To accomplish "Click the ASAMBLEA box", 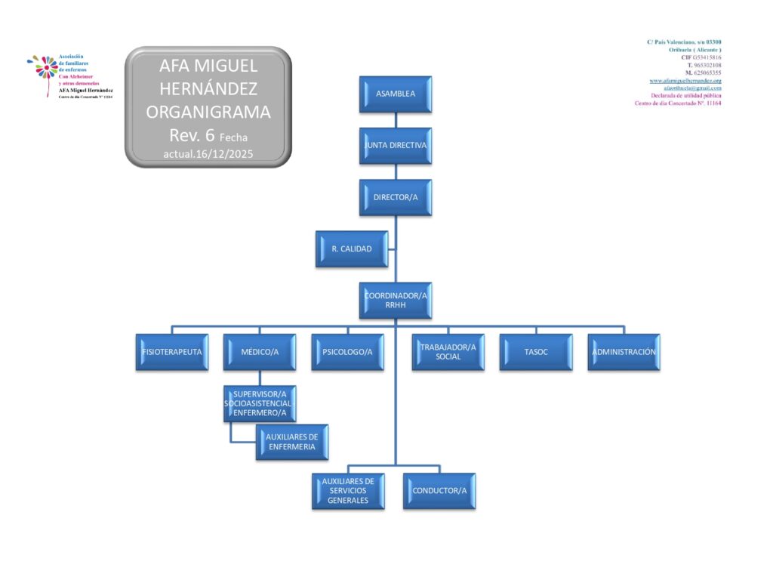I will pyautogui.click(x=396, y=94).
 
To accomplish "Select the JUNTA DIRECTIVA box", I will pyautogui.click(x=396, y=145).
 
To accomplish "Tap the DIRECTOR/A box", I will pyautogui.click(x=396, y=197).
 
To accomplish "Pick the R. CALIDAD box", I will pyautogui.click(x=352, y=248).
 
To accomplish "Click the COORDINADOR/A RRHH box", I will pyautogui.click(x=396, y=300).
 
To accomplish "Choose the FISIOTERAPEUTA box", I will pyautogui.click(x=171, y=352).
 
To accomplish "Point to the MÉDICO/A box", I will pyautogui.click(x=260, y=352).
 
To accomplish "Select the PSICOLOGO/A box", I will pyautogui.click(x=347, y=352).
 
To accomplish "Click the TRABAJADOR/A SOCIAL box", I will pyautogui.click(x=448, y=352).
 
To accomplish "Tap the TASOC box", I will pyautogui.click(x=535, y=352).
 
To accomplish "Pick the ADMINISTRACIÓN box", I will pyautogui.click(x=624, y=352).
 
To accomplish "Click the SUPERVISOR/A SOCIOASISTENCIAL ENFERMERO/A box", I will pyautogui.click(x=260, y=403).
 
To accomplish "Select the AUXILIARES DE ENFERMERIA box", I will pyautogui.click(x=291, y=442).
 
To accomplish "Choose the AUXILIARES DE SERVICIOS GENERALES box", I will pyautogui.click(x=348, y=491).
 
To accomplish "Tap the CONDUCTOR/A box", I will pyautogui.click(x=439, y=491).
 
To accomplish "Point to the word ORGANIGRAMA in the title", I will pyautogui.click(x=208, y=113).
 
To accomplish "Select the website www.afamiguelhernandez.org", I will pyautogui.click(x=685, y=81).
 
